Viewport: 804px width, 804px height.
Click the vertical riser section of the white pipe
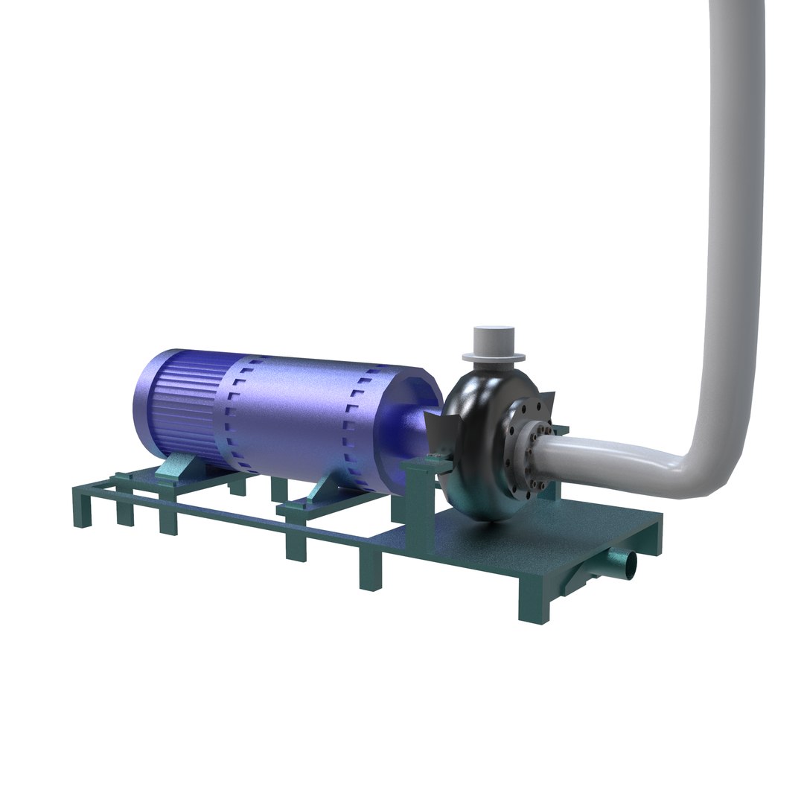tap(733, 223)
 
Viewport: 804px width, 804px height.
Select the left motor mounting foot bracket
tap(177, 470)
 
